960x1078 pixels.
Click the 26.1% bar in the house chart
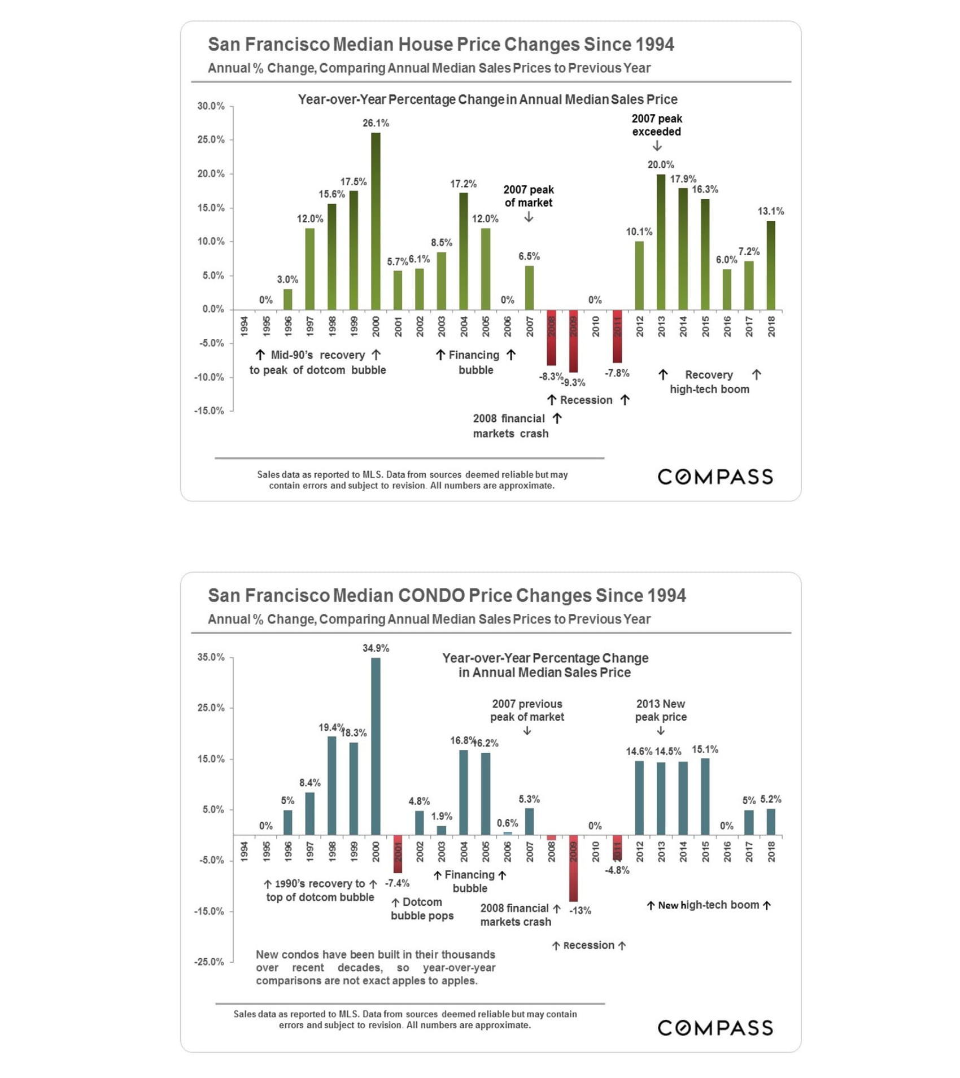coord(376,221)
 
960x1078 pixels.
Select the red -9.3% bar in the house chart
coord(573,341)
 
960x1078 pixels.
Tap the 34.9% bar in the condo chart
coord(376,746)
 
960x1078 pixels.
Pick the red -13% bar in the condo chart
coord(573,868)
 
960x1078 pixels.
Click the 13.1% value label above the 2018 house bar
coord(770,211)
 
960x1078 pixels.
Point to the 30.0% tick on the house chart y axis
coord(211,106)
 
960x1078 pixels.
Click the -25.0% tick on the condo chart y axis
coord(209,962)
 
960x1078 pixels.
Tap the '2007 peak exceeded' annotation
coord(657,125)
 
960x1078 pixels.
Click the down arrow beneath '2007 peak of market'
coord(529,217)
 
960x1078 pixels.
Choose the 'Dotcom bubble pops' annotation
coord(422,909)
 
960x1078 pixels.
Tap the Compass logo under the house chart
coord(715,477)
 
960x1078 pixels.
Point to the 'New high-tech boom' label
coord(709,905)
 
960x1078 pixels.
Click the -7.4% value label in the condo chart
coord(397,883)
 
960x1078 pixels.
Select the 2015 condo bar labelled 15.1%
coord(705,796)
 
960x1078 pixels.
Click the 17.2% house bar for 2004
coord(463,251)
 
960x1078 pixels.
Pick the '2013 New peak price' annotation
coord(661,710)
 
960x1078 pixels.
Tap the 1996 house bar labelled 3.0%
coord(287,299)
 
